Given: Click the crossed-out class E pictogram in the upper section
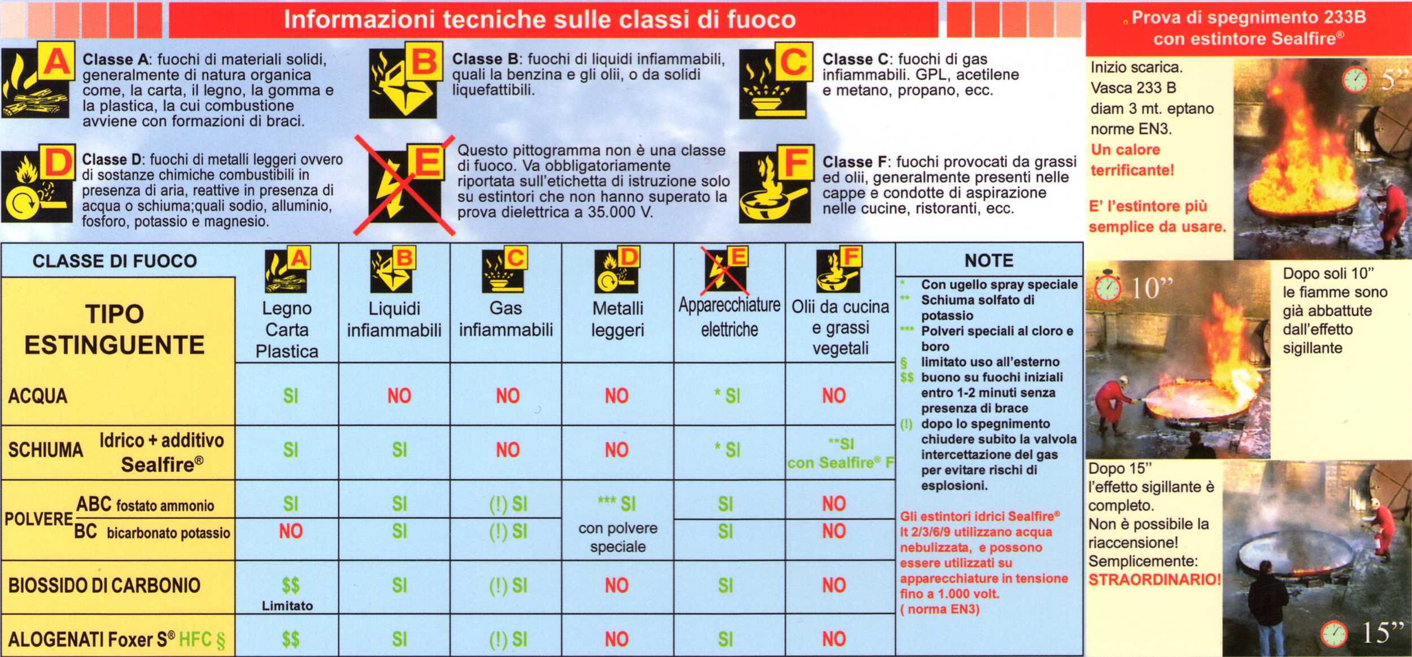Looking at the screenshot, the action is click(x=404, y=184).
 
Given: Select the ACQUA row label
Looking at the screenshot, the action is click(x=38, y=396).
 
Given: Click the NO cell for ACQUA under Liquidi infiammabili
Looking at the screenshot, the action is click(x=399, y=396).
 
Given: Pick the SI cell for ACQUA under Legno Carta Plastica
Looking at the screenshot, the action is click(x=290, y=396).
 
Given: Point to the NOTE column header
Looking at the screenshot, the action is click(x=989, y=261).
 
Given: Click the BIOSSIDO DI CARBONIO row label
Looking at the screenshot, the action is click(x=104, y=585).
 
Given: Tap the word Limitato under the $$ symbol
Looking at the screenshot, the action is click(x=287, y=606).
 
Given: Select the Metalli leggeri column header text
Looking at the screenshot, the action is click(x=617, y=319).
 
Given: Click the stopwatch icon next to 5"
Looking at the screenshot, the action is click(x=1356, y=79).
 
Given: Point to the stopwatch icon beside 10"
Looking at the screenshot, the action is click(x=1108, y=286).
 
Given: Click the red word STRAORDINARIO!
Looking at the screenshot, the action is click(x=1154, y=580).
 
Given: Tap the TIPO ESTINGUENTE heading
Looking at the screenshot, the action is click(x=115, y=330).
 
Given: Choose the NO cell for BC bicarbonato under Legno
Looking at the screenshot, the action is click(x=291, y=531).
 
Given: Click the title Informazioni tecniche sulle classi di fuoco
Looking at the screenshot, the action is click(x=540, y=19).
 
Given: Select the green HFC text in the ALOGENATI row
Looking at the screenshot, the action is click(x=195, y=639).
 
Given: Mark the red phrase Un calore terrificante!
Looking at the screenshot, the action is click(x=1132, y=160).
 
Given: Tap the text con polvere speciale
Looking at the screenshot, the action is click(x=618, y=537).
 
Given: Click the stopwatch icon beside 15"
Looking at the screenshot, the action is click(x=1334, y=634).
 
